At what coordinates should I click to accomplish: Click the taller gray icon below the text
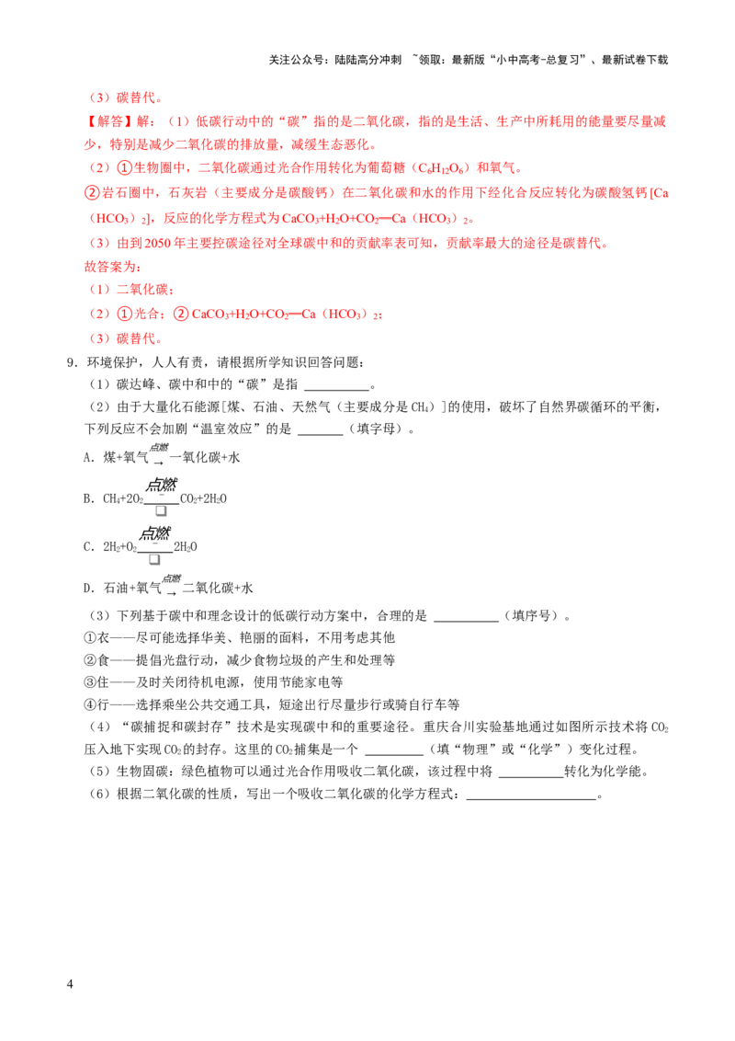(162, 514)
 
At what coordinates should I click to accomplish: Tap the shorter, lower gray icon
(154, 559)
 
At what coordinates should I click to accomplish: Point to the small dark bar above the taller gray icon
(162, 502)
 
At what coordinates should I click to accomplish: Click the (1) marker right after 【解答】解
(178, 121)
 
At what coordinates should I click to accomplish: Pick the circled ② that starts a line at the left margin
(90, 193)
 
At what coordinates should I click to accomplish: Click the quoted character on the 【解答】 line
(297, 121)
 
